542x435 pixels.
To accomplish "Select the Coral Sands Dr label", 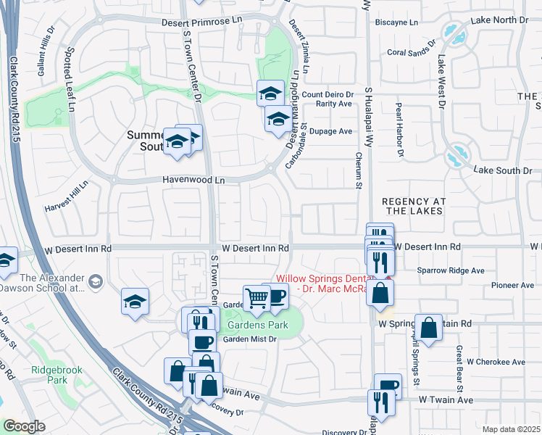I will click(x=413, y=52).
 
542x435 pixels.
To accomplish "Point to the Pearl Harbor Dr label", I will click(x=399, y=129).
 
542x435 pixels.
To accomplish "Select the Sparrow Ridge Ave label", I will click(x=451, y=270).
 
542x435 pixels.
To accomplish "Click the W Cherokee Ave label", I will click(x=496, y=361).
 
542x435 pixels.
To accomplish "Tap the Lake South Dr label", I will click(x=503, y=170).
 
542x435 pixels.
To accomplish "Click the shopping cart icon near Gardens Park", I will click(x=257, y=298).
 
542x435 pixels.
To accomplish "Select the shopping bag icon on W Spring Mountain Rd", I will click(x=429, y=328).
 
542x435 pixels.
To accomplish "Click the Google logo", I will click(x=23, y=426).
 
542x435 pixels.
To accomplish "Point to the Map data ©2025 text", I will click(x=511, y=429).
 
